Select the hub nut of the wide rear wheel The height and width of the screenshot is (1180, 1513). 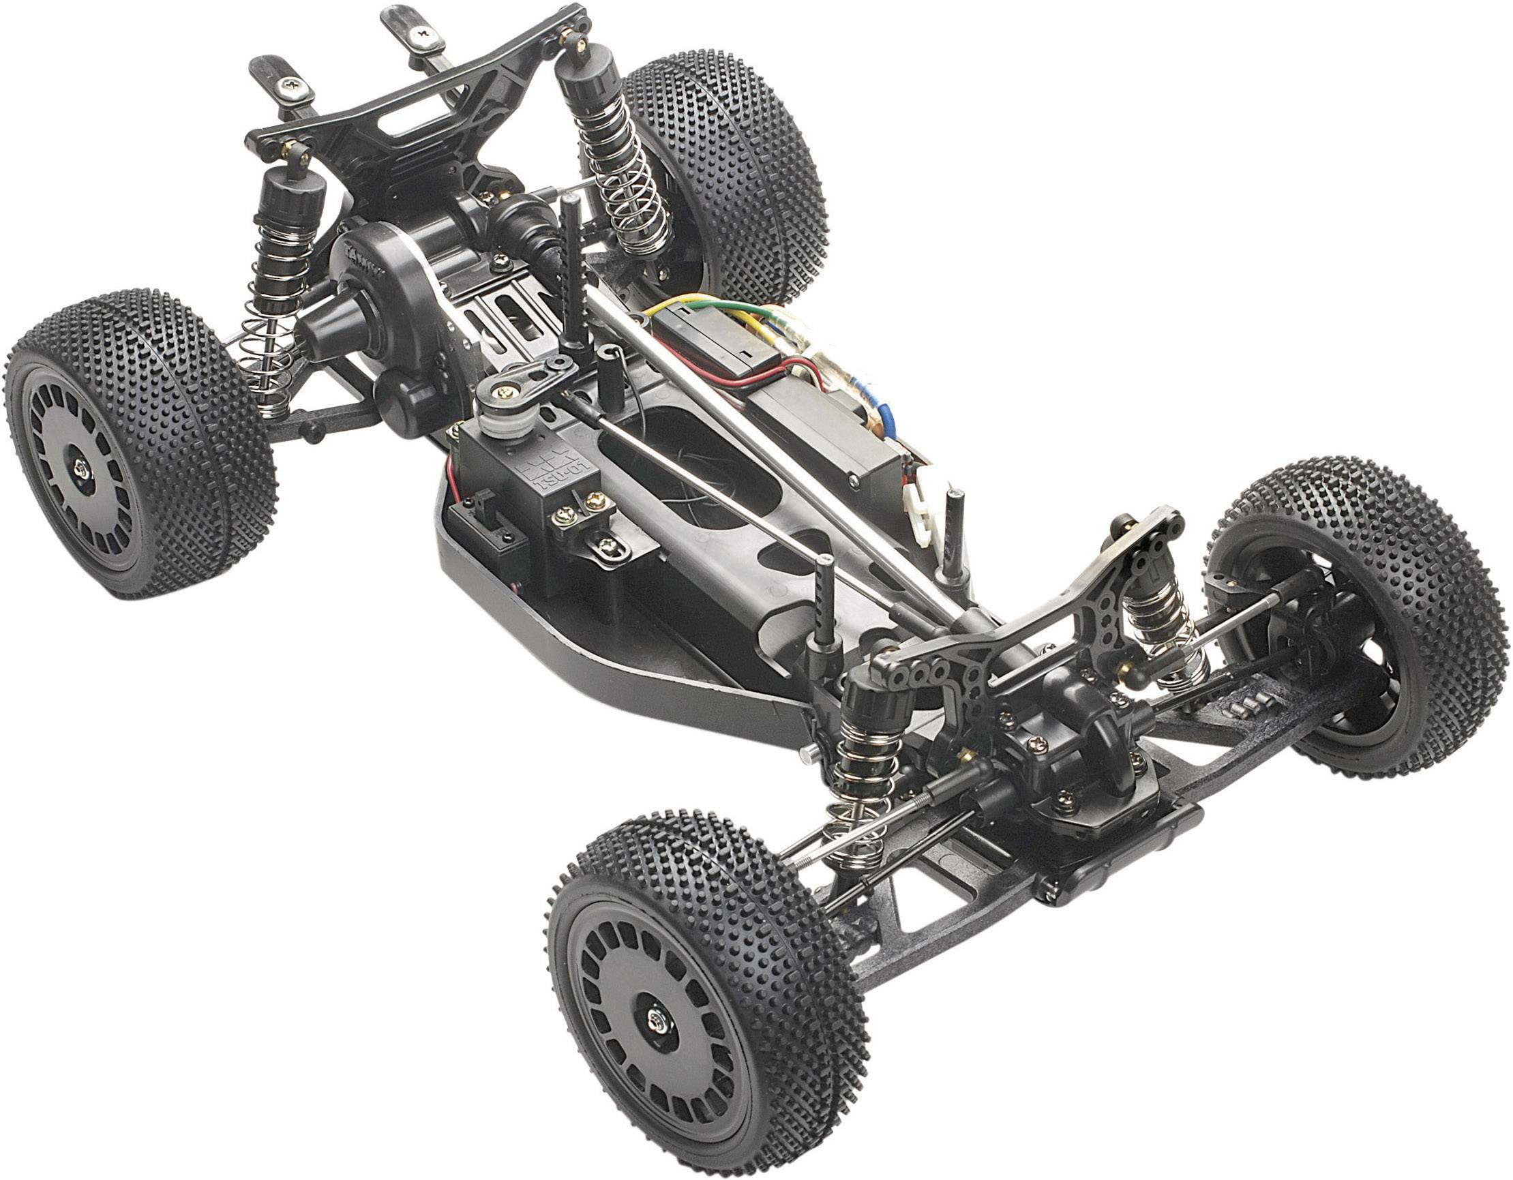pyautogui.click(x=81, y=470)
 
